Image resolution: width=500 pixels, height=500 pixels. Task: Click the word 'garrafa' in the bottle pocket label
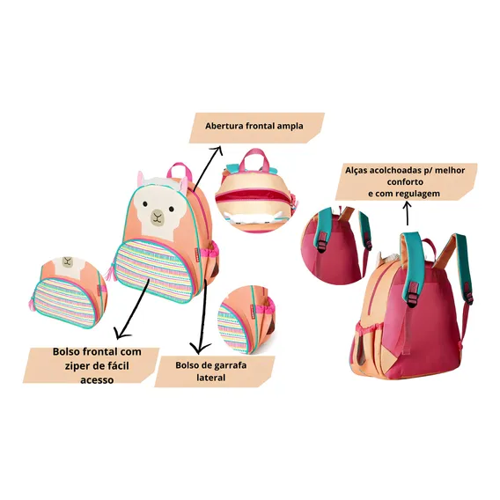(x=230, y=365)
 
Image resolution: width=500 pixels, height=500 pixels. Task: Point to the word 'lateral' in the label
(x=211, y=378)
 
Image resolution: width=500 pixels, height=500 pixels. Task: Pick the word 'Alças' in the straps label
(x=357, y=171)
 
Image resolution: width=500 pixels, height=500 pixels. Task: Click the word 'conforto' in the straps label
(x=405, y=182)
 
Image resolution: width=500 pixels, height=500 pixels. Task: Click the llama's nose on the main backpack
(x=157, y=215)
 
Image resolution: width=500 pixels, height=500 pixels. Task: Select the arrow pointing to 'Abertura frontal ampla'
(x=207, y=167)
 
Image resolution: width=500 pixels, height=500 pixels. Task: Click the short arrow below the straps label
(x=407, y=214)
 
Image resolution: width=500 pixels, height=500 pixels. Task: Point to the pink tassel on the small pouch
(x=32, y=302)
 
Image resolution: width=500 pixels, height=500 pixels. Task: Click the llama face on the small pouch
(x=68, y=264)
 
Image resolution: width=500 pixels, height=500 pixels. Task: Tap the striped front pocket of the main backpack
(x=154, y=268)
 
